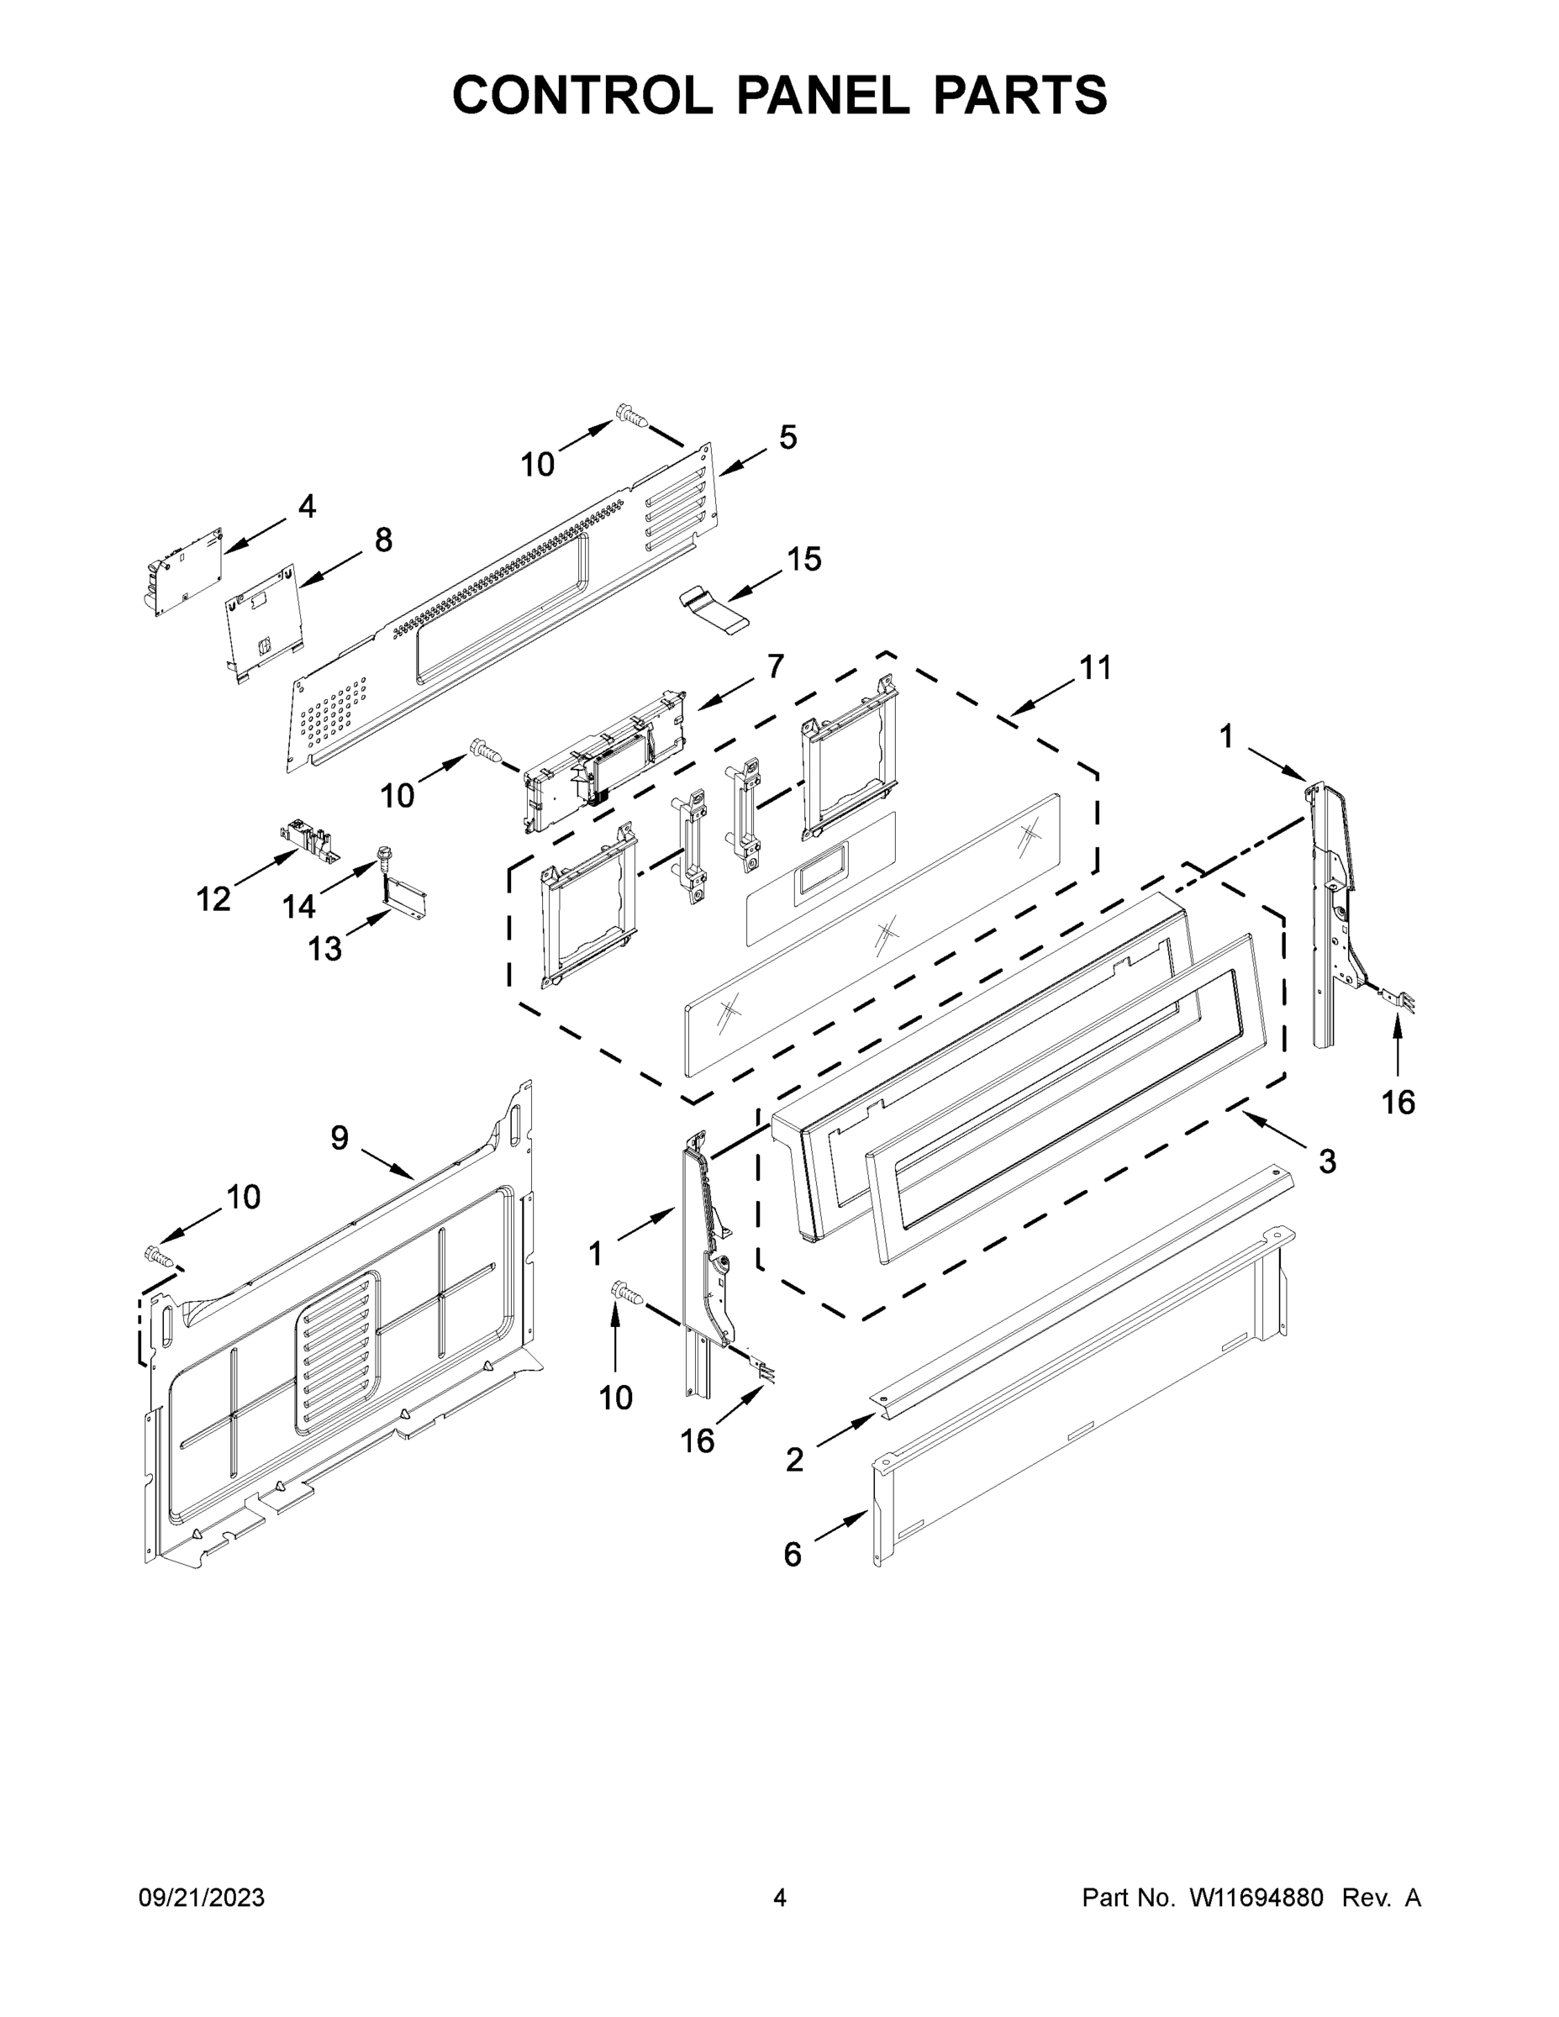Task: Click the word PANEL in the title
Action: pos(821,95)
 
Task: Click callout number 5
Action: pos(787,437)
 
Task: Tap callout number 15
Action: pos(803,559)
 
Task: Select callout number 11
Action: pos(1095,668)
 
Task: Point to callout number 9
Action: pos(339,1139)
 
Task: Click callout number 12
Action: pos(213,898)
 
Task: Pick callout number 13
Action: pos(324,949)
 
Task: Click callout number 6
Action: pos(793,1556)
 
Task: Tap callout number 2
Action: pos(794,1460)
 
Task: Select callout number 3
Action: pos(1326,1161)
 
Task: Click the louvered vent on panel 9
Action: pos(338,1352)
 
